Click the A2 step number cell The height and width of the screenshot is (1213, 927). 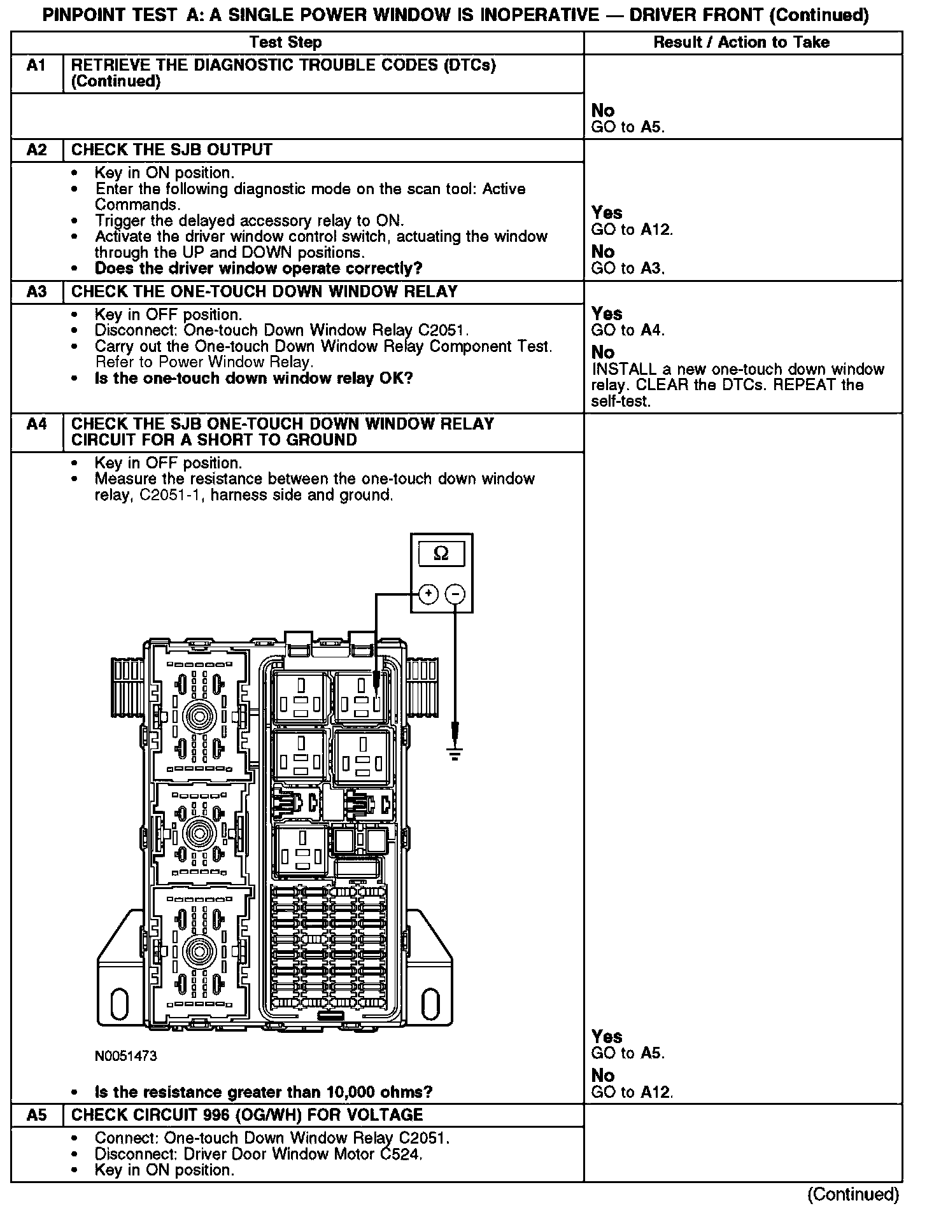tap(37, 150)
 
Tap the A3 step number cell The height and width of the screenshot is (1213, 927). tap(37, 292)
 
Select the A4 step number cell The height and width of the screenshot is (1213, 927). tap(37, 424)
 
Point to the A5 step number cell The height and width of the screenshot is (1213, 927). tap(37, 1115)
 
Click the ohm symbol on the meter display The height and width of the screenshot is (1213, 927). tap(441, 554)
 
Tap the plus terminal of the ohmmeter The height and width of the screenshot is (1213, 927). tap(428, 594)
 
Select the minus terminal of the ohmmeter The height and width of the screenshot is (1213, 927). tap(455, 594)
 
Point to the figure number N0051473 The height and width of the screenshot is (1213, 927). tap(126, 1056)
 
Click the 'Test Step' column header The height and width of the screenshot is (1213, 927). tap(286, 43)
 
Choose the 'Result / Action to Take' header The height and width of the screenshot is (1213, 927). tap(742, 43)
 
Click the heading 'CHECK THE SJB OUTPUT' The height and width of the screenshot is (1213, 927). tap(172, 150)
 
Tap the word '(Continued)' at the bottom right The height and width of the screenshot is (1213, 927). tap(853, 1194)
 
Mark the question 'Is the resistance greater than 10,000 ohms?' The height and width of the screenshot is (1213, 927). tap(264, 1093)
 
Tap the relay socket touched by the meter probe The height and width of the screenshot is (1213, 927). tap(362, 697)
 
